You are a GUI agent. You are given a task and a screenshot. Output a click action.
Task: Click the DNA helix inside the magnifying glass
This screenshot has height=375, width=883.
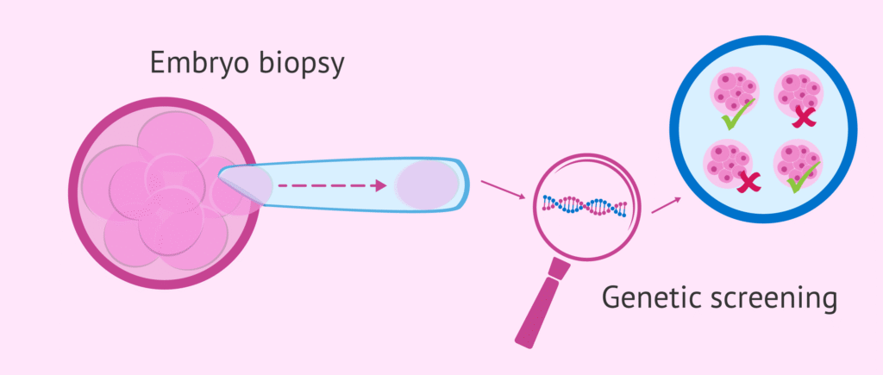586,205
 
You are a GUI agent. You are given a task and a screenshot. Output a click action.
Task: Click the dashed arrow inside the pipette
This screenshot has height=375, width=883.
332,184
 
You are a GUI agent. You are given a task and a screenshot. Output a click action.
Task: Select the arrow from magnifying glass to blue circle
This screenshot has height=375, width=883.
665,204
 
